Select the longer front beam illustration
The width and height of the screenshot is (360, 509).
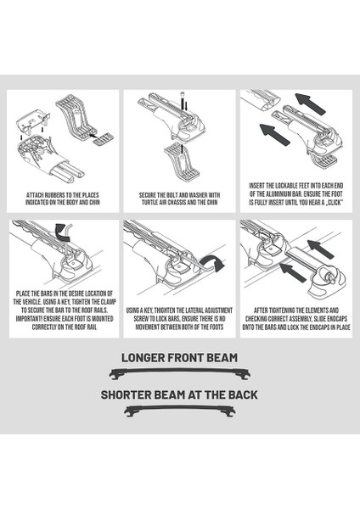tap(180, 373)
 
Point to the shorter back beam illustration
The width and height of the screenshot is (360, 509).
tap(180, 411)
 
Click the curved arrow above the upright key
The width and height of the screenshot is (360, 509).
tap(62, 231)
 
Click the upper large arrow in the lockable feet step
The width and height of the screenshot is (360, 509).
tap(310, 103)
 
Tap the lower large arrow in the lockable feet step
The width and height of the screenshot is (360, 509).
tap(274, 134)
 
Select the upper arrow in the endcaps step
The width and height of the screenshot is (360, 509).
tap(320, 249)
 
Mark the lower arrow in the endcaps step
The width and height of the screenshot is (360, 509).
tap(293, 272)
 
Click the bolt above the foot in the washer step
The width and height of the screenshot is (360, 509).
tap(182, 98)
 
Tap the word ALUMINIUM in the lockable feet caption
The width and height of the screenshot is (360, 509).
tap(273, 194)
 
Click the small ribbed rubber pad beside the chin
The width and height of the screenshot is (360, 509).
tap(104, 139)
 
